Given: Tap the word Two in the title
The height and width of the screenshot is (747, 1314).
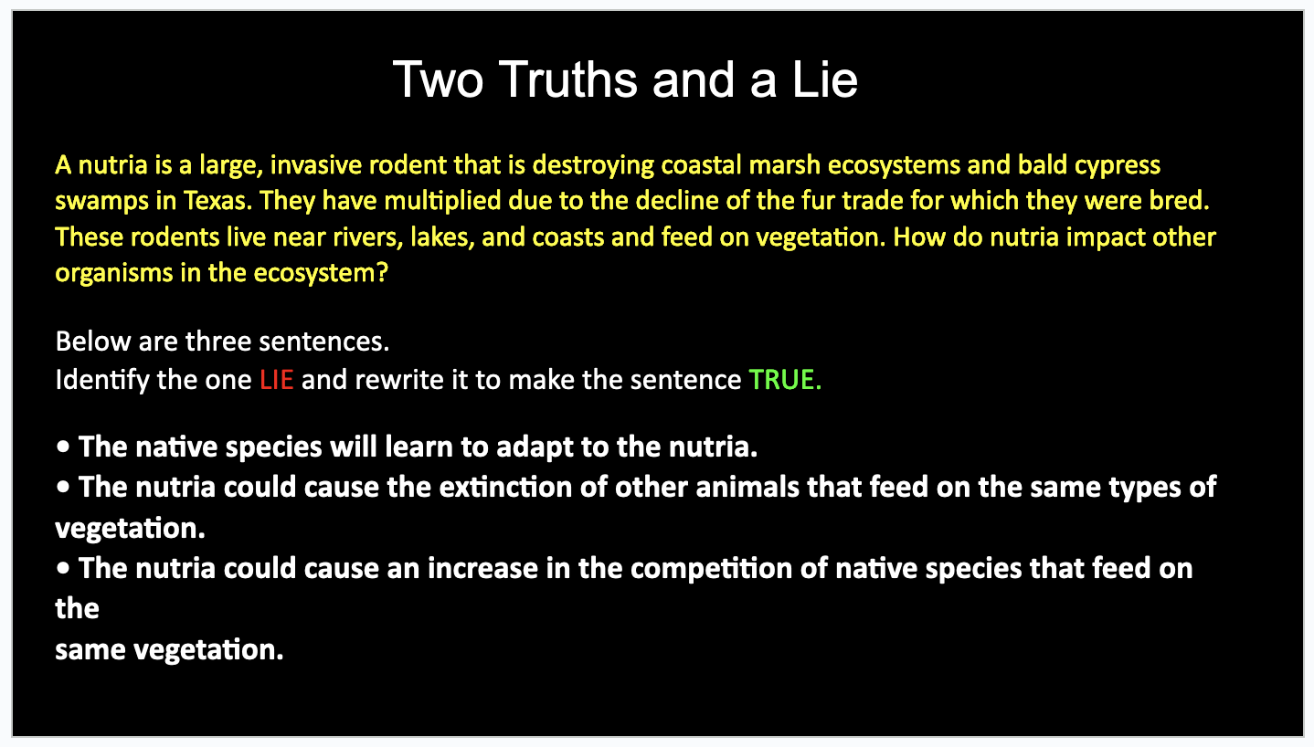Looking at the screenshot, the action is coord(439,79).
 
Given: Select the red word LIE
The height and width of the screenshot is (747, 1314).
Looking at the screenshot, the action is coord(276,380).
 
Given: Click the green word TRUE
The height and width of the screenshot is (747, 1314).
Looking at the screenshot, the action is coord(785,380).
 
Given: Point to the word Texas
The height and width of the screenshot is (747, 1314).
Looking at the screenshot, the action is coord(217,201).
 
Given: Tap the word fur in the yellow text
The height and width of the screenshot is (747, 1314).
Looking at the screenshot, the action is coord(818,201).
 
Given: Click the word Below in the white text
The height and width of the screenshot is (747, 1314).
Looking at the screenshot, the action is coord(92,342).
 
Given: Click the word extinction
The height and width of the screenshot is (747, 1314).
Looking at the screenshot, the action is coord(505,488).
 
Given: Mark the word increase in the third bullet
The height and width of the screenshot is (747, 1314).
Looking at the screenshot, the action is coord(482,569).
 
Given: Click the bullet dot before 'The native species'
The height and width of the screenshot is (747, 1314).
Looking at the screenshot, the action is coord(63,447).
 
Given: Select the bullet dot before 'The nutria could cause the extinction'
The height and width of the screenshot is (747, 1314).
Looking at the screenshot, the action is coord(63,487).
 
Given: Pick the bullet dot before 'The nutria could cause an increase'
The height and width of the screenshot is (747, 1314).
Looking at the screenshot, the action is coord(63,568).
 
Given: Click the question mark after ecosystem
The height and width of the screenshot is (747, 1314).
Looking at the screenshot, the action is coord(382,273).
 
